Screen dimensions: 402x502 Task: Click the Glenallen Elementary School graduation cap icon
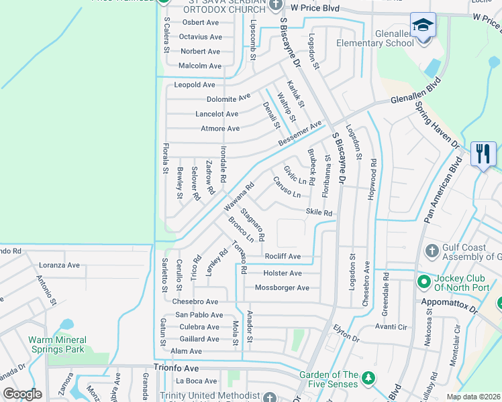tap(423, 25)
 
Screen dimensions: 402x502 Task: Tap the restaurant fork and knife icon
tap(483, 154)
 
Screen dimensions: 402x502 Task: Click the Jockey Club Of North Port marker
tap(423, 281)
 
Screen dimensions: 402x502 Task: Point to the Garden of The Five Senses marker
tap(368, 379)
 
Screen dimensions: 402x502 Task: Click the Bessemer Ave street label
tap(301, 135)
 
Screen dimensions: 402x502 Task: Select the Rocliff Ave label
tap(282, 257)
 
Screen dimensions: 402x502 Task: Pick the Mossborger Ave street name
tap(282, 288)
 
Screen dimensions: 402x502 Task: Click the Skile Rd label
tap(319, 213)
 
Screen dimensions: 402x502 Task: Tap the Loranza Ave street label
tap(59, 265)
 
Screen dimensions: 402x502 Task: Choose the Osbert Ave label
tap(201, 22)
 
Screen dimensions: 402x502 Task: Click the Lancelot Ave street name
tap(217, 115)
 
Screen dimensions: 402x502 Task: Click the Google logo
tap(22, 393)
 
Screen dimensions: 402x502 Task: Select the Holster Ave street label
tap(283, 273)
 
